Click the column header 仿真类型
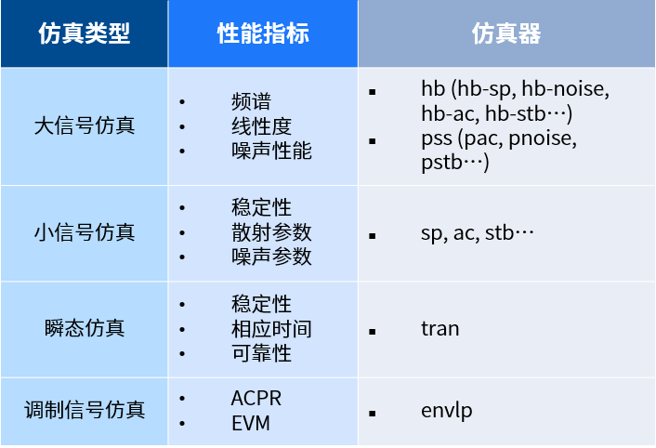(84, 34)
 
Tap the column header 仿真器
(505, 34)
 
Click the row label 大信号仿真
(84, 125)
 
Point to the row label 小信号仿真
(84, 231)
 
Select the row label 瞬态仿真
(84, 328)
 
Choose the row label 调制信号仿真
(84, 408)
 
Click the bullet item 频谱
(251, 101)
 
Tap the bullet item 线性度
(261, 125)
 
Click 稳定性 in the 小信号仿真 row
(261, 207)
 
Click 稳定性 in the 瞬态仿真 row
(261, 304)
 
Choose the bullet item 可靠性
(261, 352)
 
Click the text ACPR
(256, 399)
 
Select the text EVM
(250, 423)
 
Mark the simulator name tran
(440, 329)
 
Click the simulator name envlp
(446, 410)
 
